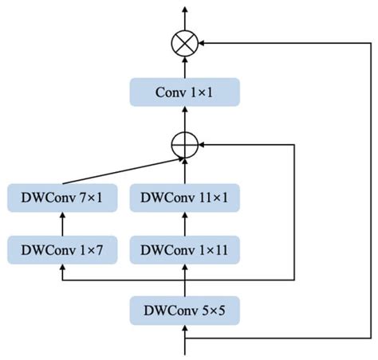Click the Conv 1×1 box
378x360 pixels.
[x=185, y=92]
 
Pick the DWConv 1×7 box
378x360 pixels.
[x=62, y=249]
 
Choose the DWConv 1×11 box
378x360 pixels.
[x=185, y=249]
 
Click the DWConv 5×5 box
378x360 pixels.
[x=185, y=310]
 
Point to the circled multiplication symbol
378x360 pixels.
[x=185, y=43]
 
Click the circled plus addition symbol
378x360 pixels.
[x=185, y=145]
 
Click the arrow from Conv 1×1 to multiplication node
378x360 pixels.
[x=185, y=67]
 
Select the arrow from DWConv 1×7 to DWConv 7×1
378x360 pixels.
[x=62, y=224]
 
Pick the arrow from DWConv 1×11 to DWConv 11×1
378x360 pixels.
[x=185, y=224]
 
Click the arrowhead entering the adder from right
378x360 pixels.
[x=204, y=145]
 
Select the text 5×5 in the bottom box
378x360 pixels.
[x=210, y=310]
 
